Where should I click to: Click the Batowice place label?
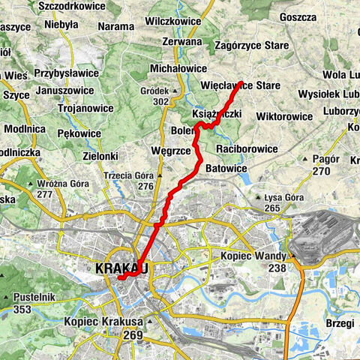[226, 169]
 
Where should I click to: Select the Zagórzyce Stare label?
[252, 46]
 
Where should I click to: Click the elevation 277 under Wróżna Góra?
[44, 194]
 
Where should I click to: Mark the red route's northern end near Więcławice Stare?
[241, 82]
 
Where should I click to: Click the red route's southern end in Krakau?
[119, 278]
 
